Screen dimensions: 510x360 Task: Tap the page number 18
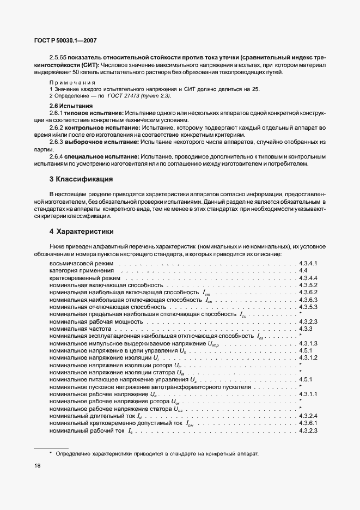coord(38,465)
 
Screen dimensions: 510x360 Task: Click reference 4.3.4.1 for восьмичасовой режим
coord(308,263)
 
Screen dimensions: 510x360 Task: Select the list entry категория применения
coord(82,270)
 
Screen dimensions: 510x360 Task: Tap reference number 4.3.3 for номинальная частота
coord(305,329)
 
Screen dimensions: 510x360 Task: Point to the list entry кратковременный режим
coord(85,278)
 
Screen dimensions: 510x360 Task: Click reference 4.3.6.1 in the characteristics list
coord(308,423)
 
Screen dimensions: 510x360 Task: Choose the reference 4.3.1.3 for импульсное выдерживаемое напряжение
coord(308,343)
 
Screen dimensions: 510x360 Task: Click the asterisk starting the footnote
coord(51,453)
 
